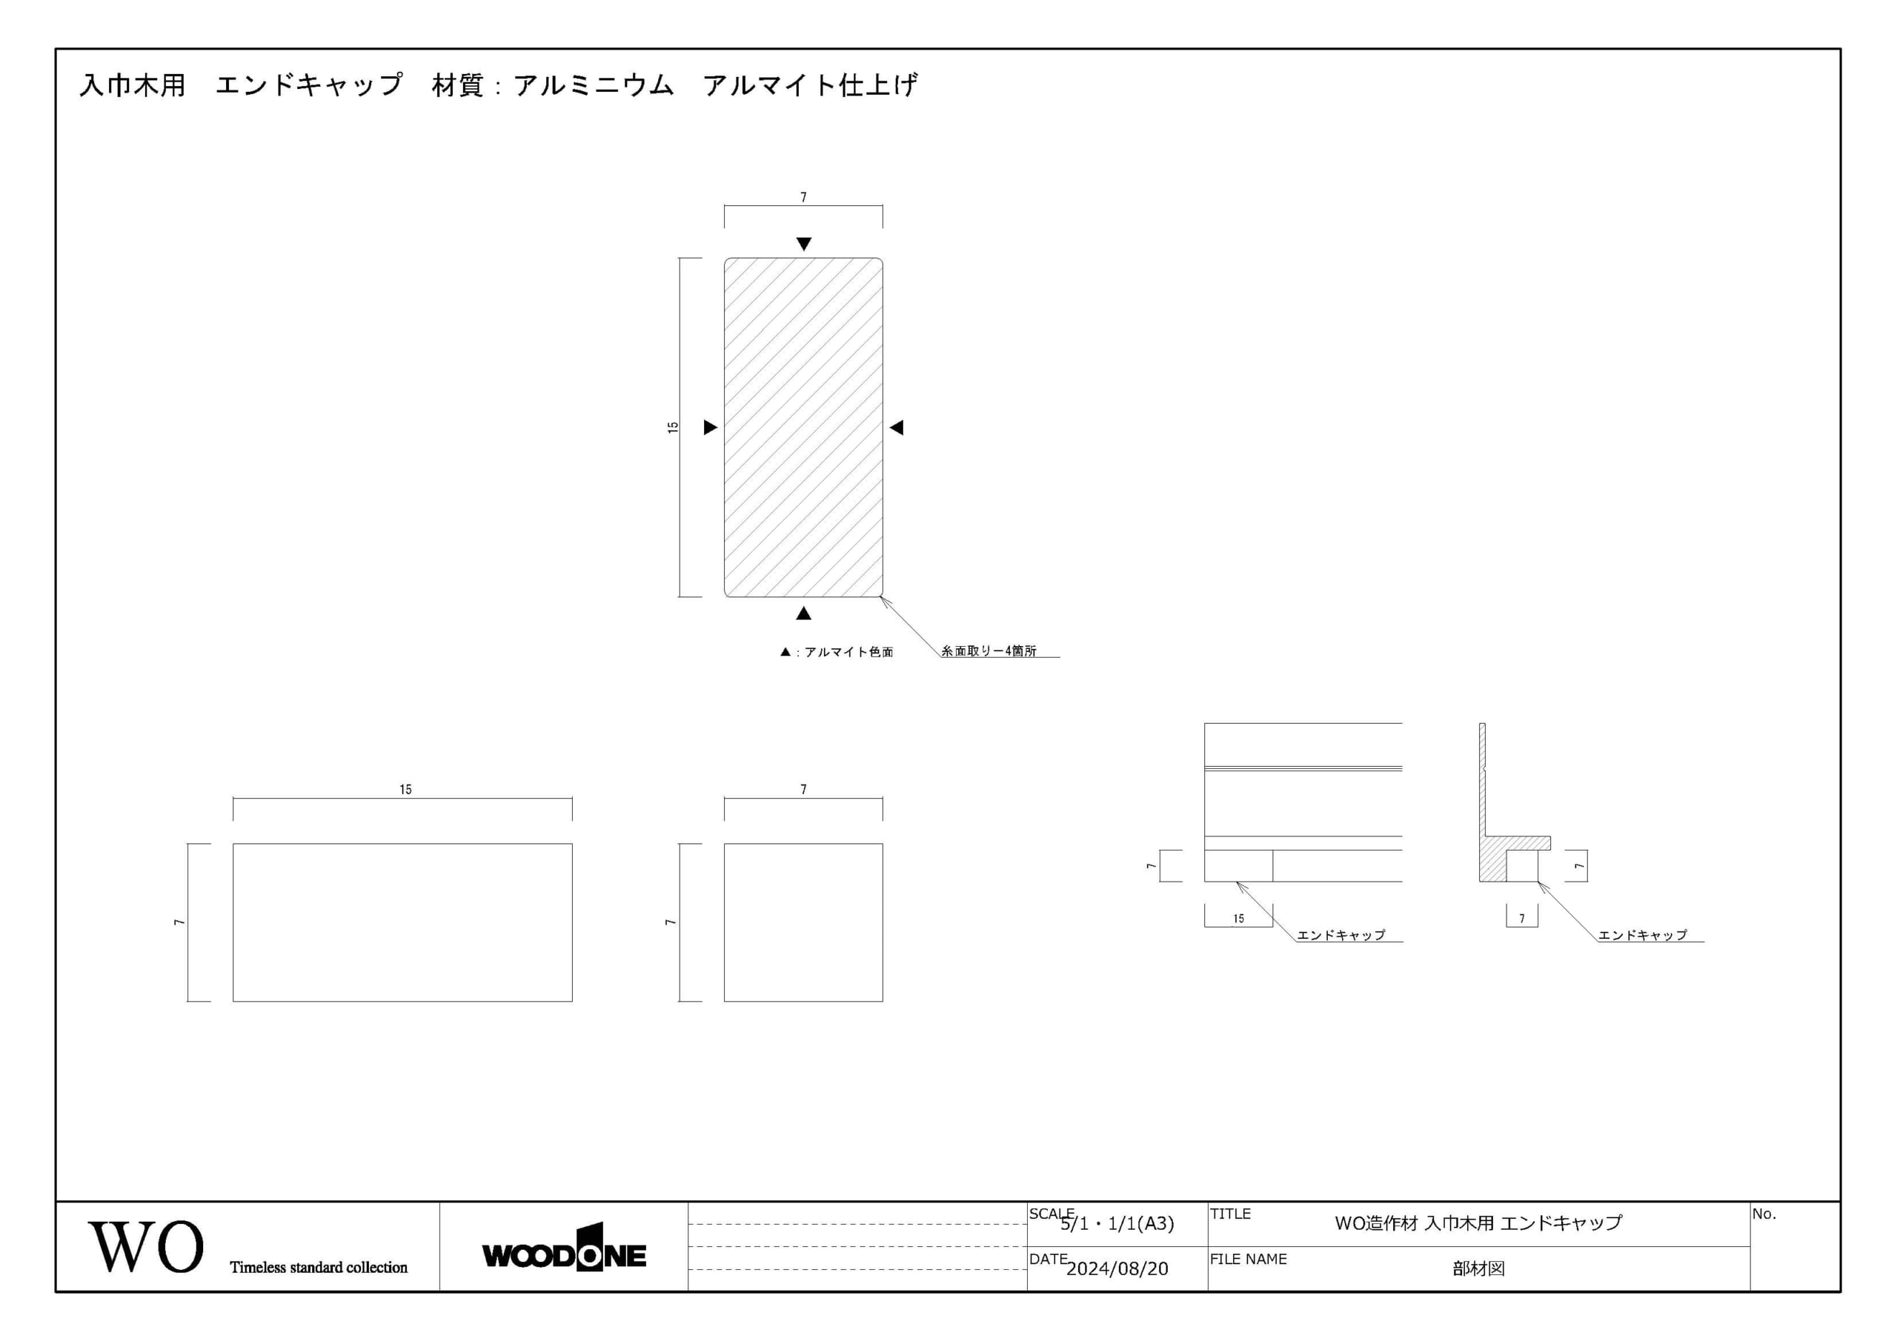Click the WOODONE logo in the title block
[x=563, y=1248]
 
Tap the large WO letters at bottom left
[x=145, y=1246]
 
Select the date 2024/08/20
[x=1117, y=1269]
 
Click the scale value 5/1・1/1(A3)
[x=1117, y=1224]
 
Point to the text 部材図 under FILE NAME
[x=1478, y=1269]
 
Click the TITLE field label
[x=1230, y=1214]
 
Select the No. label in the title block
[x=1764, y=1214]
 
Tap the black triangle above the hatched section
[x=804, y=244]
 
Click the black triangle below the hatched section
[x=804, y=613]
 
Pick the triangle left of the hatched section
[x=710, y=427]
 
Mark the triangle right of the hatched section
[x=897, y=427]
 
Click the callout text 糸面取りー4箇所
[x=989, y=651]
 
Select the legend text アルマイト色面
[x=848, y=652]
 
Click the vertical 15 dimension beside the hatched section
[x=673, y=427]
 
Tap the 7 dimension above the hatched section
[x=803, y=198]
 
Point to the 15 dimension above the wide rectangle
[x=405, y=790]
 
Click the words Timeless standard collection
[x=319, y=1268]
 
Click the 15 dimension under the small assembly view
[x=1238, y=919]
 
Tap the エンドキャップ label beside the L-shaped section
[x=1643, y=935]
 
